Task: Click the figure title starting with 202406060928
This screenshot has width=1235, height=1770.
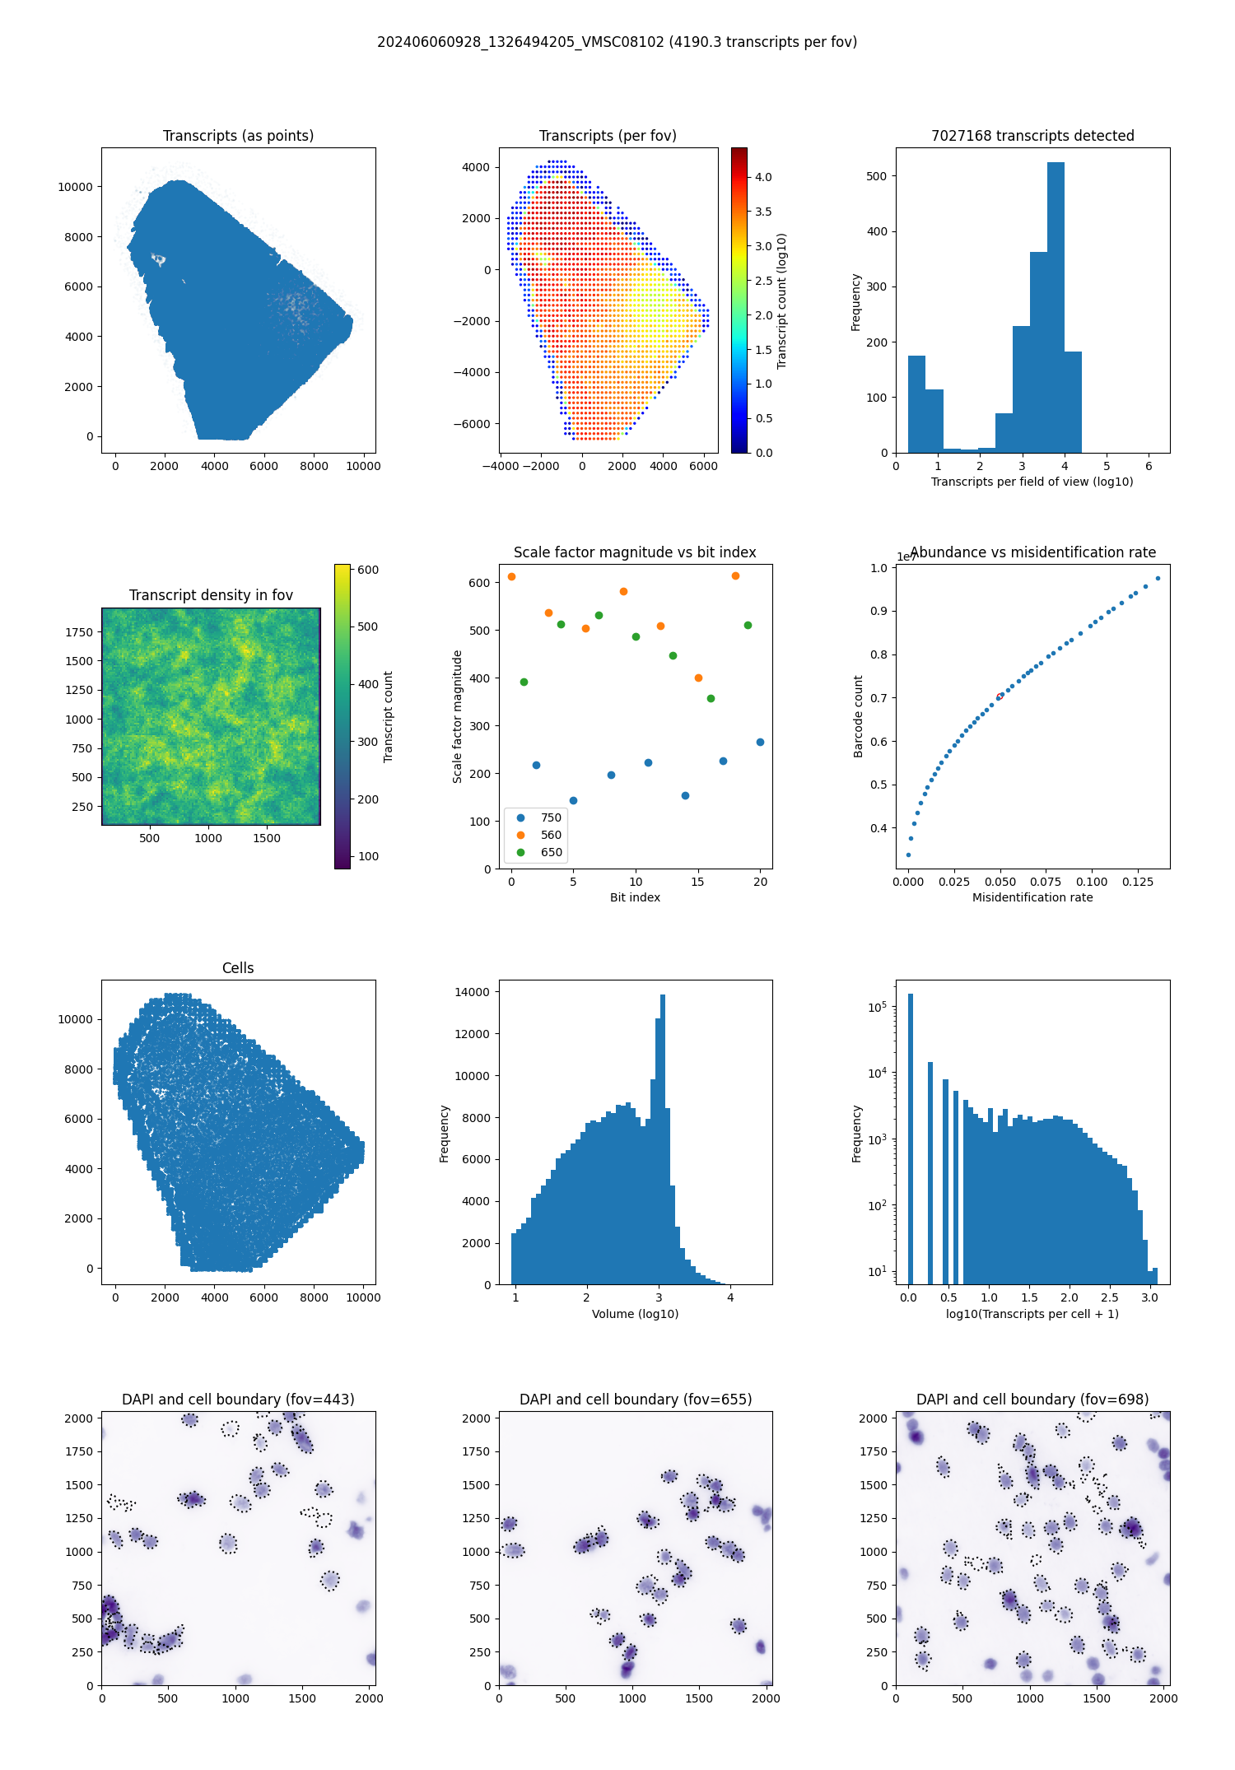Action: (x=617, y=42)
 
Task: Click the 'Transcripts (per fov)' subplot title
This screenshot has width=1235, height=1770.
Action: (x=608, y=136)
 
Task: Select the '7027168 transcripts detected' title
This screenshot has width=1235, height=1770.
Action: (x=1032, y=136)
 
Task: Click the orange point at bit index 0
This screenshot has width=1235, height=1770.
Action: (x=511, y=576)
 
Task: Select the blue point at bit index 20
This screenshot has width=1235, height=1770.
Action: (x=760, y=742)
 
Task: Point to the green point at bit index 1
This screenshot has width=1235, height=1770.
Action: (x=524, y=682)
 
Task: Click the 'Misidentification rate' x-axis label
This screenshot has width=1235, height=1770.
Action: (x=1032, y=897)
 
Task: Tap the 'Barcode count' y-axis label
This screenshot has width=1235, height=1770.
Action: (x=858, y=716)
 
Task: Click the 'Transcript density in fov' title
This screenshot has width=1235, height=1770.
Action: (x=211, y=595)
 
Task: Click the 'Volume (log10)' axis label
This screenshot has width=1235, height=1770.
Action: (x=635, y=1314)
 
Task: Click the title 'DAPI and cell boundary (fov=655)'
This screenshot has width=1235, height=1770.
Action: (x=636, y=1400)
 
